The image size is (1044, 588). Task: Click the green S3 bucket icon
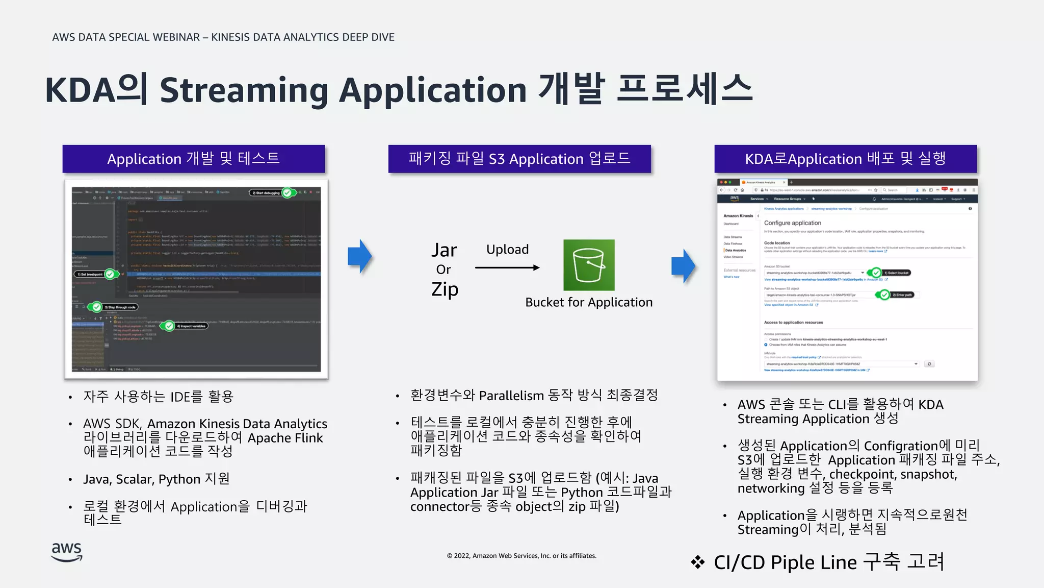pos(589,265)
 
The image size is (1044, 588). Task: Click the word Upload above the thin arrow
pos(507,250)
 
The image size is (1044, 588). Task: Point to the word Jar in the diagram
pos(444,250)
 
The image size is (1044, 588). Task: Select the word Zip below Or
pos(445,289)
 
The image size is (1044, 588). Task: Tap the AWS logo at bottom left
pos(67,552)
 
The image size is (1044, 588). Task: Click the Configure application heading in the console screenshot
pos(792,223)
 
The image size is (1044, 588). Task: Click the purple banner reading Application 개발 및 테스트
pos(193,159)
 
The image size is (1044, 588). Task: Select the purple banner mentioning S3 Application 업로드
pos(519,159)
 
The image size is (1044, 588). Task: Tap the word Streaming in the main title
pos(244,90)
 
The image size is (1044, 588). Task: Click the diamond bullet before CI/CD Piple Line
pos(697,562)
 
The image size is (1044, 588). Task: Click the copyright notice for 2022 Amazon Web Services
pos(521,556)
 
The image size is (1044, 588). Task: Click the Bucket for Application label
pos(589,302)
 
